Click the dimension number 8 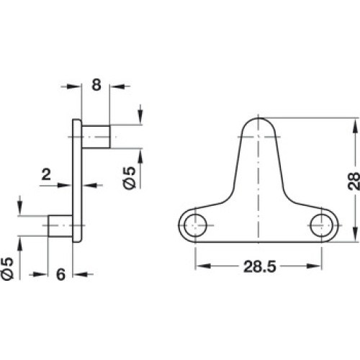(96, 85)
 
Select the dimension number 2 (46, 174)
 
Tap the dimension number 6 (60, 274)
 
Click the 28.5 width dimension (260, 266)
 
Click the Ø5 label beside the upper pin (130, 178)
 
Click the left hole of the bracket (195, 225)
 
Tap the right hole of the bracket (321, 225)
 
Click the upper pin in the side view (96, 137)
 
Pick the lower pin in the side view (60, 226)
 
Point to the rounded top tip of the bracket (258, 118)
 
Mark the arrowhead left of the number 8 (73, 86)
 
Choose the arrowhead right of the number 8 (118, 86)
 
